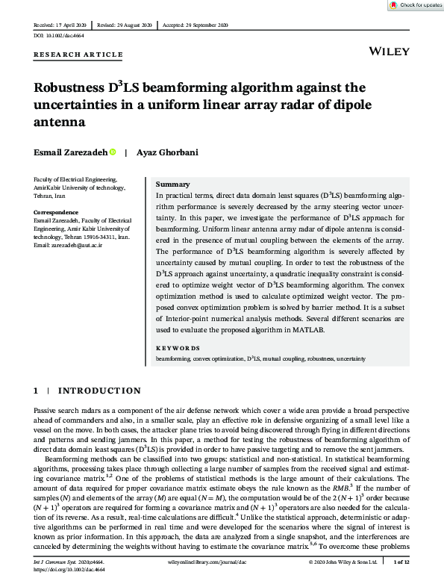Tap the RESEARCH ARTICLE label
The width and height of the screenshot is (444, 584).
pos(78,55)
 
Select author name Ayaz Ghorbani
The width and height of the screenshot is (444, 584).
pos(169,152)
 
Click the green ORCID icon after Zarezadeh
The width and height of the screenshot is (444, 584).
pos(113,152)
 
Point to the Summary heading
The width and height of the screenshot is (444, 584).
pos(172,184)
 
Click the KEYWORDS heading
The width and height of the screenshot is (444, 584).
pos(178,348)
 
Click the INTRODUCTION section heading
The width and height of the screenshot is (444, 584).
pos(99,391)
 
